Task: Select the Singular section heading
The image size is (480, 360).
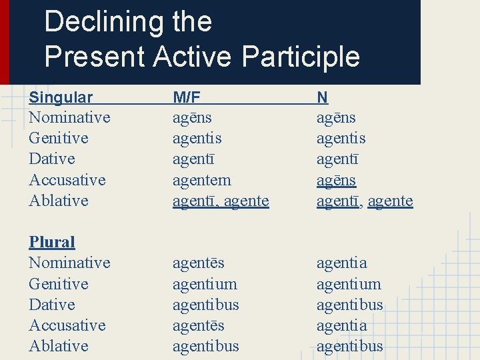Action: (x=61, y=97)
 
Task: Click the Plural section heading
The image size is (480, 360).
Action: (x=52, y=242)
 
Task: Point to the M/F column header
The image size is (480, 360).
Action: (x=186, y=97)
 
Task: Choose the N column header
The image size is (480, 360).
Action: (x=322, y=97)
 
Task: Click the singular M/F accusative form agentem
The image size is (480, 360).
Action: (x=201, y=180)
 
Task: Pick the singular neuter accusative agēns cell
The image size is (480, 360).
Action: (x=336, y=180)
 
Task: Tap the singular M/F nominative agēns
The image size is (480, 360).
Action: (x=192, y=118)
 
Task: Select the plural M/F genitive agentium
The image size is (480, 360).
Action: (x=205, y=284)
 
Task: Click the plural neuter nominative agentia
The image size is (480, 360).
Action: (x=341, y=263)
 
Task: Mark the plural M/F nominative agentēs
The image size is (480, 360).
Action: (x=198, y=263)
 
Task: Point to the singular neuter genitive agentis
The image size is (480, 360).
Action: (x=341, y=139)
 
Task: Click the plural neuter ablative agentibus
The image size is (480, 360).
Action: (x=349, y=346)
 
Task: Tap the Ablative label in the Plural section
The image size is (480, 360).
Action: (x=59, y=346)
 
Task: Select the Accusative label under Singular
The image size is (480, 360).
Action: (x=67, y=180)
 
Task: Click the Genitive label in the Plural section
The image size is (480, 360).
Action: (x=59, y=284)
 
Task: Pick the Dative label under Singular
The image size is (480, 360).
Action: (x=52, y=159)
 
